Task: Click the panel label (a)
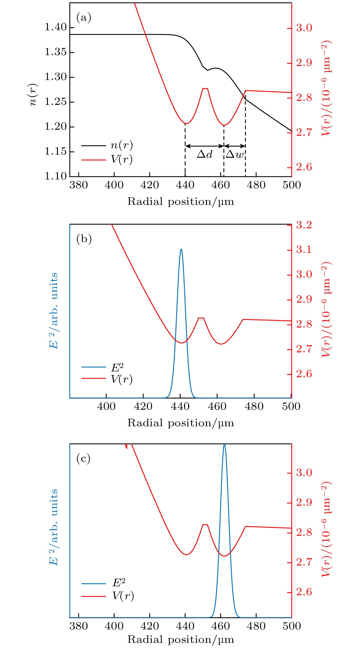coord(84,18)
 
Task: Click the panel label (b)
coord(84,239)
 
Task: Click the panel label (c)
coord(83,459)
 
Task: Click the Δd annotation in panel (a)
coord(205,154)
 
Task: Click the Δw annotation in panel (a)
coord(235,154)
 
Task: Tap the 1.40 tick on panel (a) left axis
coord(55,27)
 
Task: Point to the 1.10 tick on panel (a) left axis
coord(55,176)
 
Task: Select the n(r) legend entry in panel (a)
coord(121,145)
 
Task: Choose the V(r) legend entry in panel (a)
coord(121,159)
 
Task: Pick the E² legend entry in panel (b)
coord(117,367)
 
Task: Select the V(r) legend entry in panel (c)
coord(123,596)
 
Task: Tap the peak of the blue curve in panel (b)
coord(181,249)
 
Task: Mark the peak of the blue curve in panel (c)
coord(224,445)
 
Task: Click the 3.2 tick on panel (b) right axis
coord(304,225)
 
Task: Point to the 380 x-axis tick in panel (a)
coord(79,185)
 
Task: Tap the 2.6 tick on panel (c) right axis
coord(304,592)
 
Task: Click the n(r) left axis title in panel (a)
coord(34,94)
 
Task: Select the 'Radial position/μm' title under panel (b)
coord(181,423)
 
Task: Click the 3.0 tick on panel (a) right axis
coord(304,28)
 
